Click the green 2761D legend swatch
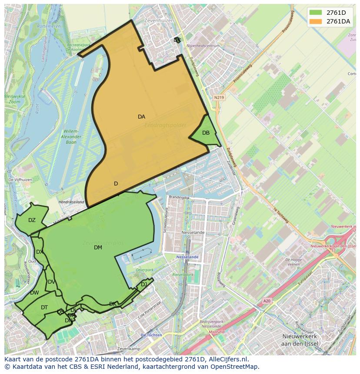point(316,13)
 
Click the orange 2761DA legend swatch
point(316,21)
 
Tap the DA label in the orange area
point(141,117)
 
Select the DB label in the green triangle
point(206,133)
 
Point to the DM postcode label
point(98,248)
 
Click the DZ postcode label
point(32,220)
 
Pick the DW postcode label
point(34,293)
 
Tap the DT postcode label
point(44,308)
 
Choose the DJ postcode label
point(144,285)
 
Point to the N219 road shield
point(219,98)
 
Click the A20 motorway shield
point(267,301)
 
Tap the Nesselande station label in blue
point(187,257)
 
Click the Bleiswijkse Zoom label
point(15,99)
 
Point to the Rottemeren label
point(49,26)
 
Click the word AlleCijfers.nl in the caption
point(227,359)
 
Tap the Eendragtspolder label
point(165,125)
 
